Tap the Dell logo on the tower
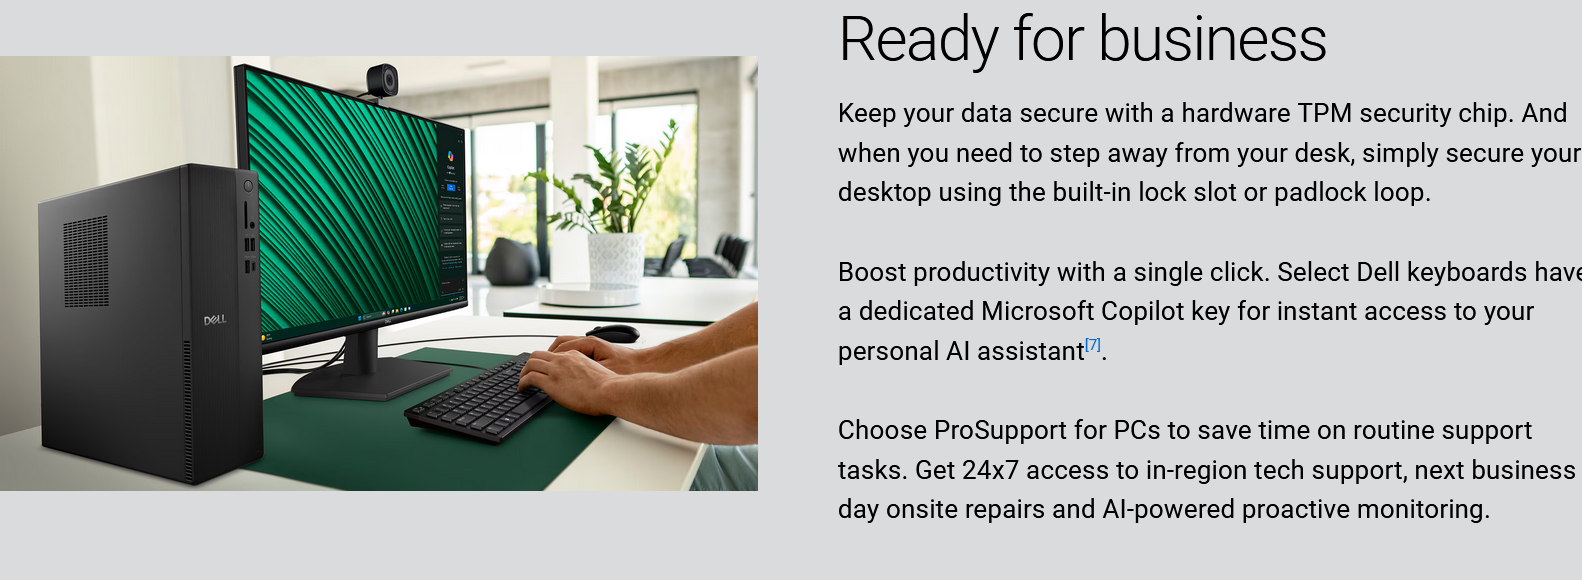(x=215, y=320)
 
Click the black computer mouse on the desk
(x=612, y=333)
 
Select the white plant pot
(x=616, y=259)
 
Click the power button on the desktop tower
(x=248, y=187)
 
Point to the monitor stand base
(x=371, y=381)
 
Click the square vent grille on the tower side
(x=86, y=261)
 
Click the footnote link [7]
(x=1093, y=345)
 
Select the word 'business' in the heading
(x=1213, y=40)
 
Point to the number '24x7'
(x=990, y=470)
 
